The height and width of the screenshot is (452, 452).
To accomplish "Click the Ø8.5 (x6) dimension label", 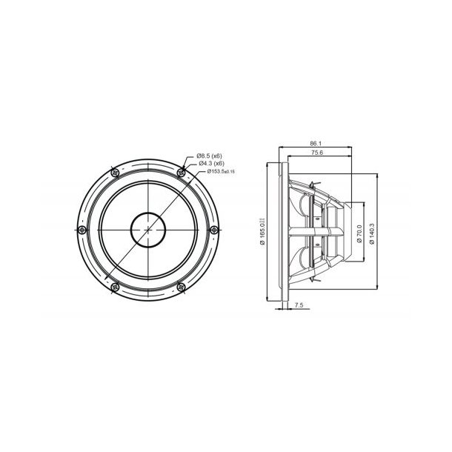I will (x=210, y=156).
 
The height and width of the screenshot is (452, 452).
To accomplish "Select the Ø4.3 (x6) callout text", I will (x=210, y=163).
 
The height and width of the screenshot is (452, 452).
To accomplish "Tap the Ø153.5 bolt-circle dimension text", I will (x=213, y=171).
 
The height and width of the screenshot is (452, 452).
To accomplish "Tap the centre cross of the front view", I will (x=150, y=228).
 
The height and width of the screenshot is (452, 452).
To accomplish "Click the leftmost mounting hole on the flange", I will (x=84, y=228).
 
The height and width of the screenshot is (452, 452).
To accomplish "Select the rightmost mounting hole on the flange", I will (x=216, y=228).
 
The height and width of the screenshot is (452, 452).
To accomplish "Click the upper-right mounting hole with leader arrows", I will (x=182, y=171).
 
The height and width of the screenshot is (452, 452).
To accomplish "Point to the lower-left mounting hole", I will (x=116, y=285).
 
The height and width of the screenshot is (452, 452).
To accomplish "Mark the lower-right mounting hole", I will (x=183, y=285).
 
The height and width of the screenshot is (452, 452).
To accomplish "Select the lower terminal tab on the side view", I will (x=318, y=276).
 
